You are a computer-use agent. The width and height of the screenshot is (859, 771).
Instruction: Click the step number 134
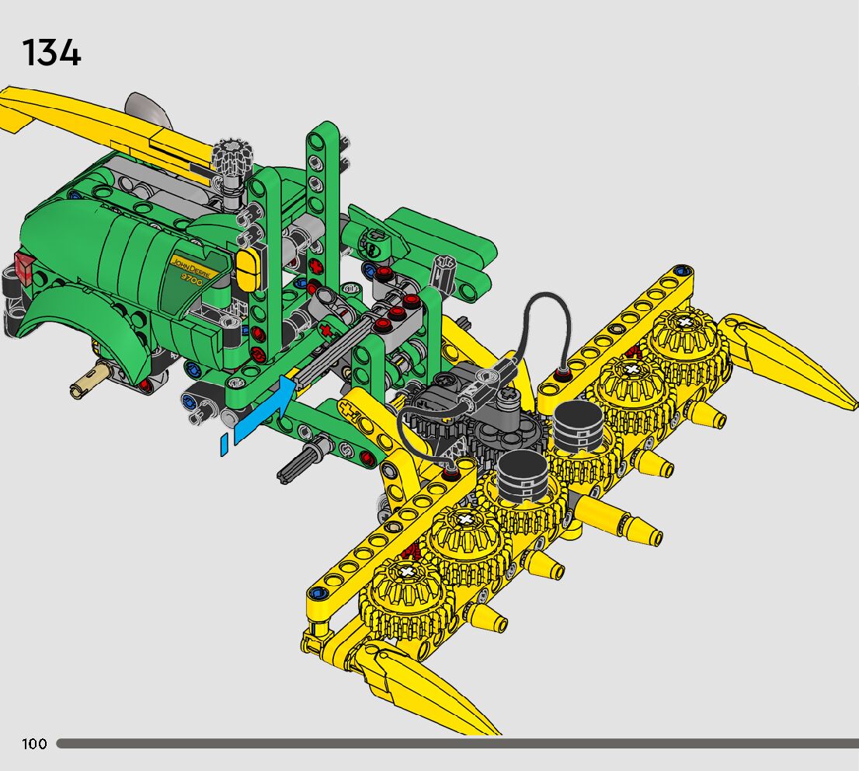[51, 53]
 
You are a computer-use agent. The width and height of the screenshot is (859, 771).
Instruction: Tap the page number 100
[34, 744]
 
